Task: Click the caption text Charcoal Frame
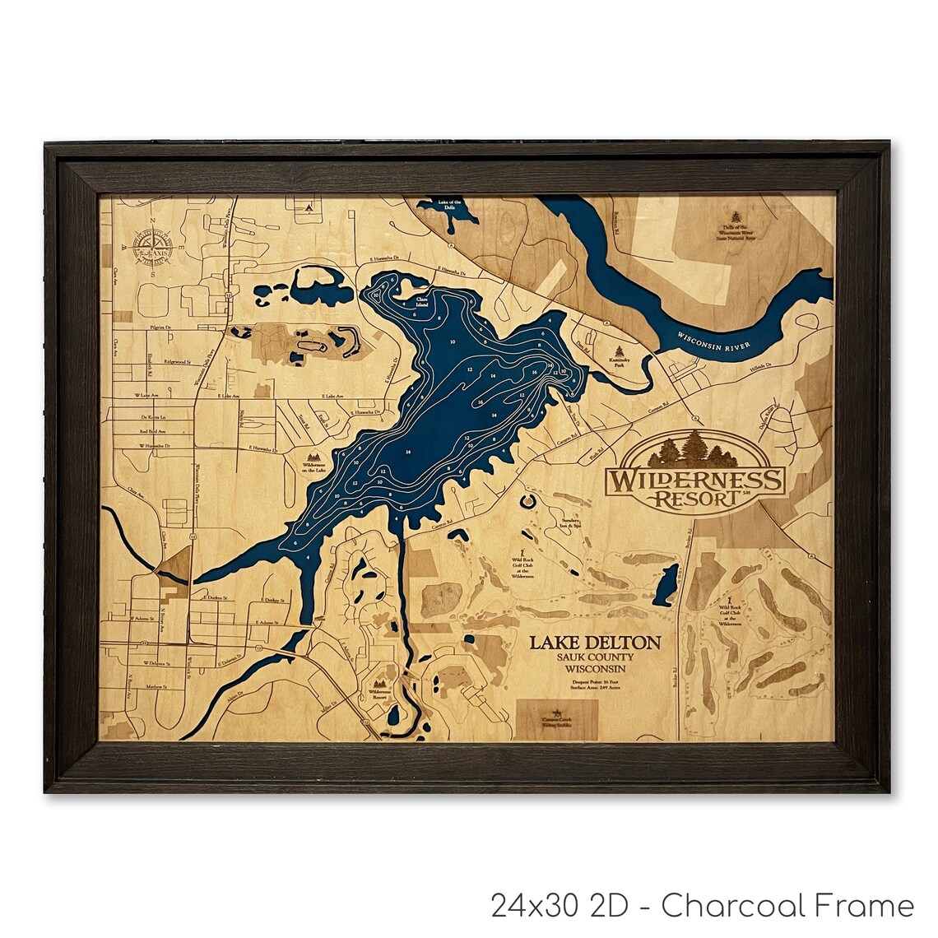[x=787, y=906]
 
